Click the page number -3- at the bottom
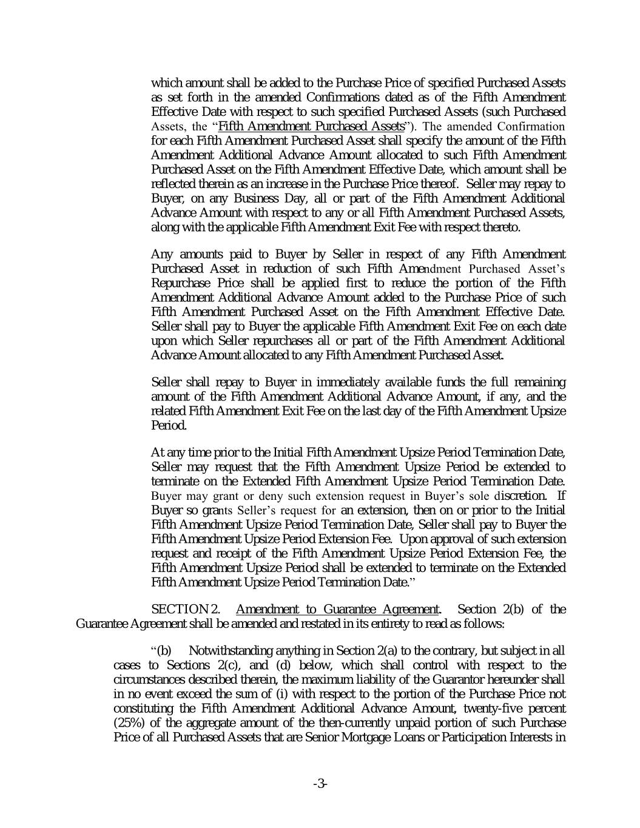pyautogui.click(x=320, y=784)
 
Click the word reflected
pyautogui.click(x=173, y=184)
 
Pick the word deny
pyautogui.click(x=247, y=496)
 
